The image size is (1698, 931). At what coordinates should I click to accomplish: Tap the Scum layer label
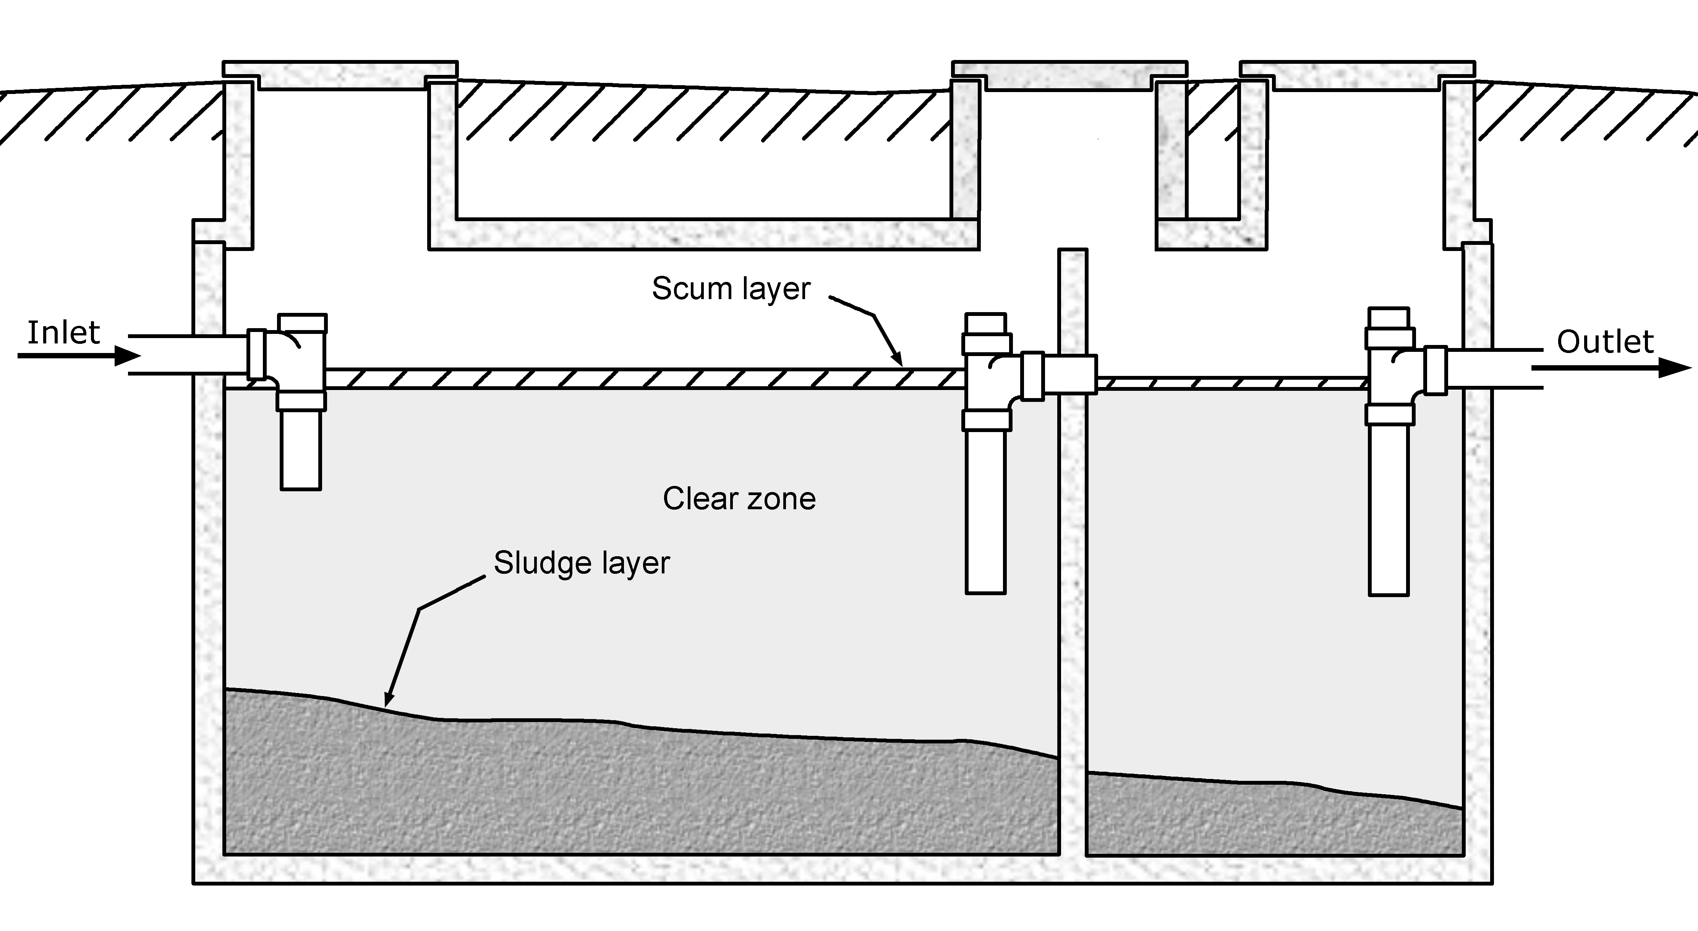tap(730, 288)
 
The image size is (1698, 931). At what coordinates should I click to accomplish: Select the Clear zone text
tap(739, 499)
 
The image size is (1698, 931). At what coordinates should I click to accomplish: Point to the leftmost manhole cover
tap(340, 73)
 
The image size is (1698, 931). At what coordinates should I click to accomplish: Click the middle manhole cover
tap(1069, 74)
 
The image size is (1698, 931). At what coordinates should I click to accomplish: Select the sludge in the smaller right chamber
tap(1272, 817)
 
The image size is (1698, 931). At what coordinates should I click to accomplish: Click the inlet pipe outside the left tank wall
tap(162, 355)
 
